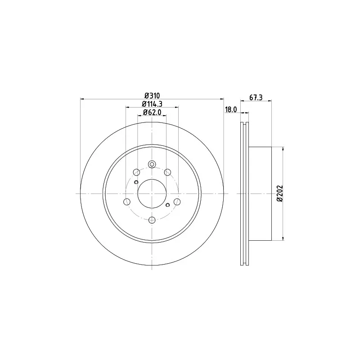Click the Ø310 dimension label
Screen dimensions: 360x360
coord(152,95)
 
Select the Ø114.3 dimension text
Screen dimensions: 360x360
coord(152,104)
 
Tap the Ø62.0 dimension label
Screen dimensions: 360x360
coord(152,112)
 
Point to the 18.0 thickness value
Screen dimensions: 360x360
coord(231,110)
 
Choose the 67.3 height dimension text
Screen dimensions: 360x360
coord(256,98)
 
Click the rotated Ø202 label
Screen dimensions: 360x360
coord(279,193)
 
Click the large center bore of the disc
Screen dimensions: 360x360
coord(152,194)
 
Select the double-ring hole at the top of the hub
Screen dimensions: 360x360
coord(152,164)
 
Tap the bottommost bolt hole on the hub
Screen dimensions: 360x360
coord(152,220)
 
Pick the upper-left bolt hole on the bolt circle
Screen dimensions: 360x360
coord(136,172)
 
